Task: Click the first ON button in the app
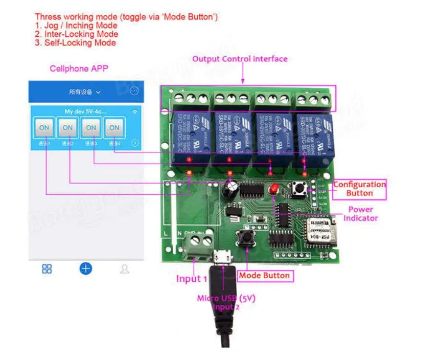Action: click(45, 128)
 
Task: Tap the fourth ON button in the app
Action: click(114, 128)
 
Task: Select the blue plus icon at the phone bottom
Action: click(86, 268)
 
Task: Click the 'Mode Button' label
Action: click(265, 276)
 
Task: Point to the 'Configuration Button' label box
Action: click(359, 189)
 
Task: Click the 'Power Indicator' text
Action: click(361, 214)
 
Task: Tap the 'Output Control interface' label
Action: click(240, 59)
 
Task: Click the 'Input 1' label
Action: click(192, 279)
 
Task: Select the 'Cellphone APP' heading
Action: click(79, 69)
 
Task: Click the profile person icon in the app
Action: click(124, 269)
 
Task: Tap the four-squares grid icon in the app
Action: click(47, 269)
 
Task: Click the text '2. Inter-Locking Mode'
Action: click(76, 34)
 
